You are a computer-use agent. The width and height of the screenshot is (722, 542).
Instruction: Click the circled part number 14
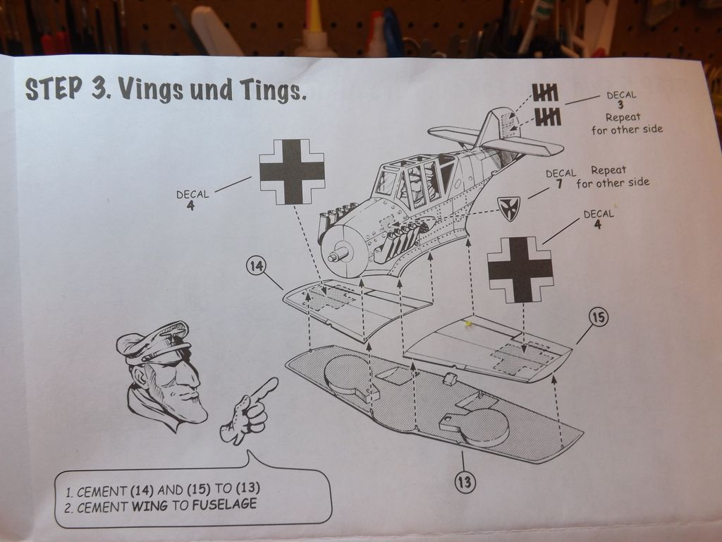click(257, 266)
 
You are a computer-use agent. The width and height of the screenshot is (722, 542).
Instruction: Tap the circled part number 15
click(598, 318)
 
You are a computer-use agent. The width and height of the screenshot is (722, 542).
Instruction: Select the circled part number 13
click(465, 482)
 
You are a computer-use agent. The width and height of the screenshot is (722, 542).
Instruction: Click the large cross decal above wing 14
click(292, 171)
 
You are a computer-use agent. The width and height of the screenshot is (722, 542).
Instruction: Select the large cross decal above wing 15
click(520, 270)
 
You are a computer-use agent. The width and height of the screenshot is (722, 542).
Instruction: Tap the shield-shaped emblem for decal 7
click(509, 208)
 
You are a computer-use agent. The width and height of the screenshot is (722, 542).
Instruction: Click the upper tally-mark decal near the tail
click(545, 92)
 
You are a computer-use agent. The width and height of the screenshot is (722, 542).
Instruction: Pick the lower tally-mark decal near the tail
click(548, 116)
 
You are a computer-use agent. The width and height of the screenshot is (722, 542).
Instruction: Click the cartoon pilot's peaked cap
click(153, 342)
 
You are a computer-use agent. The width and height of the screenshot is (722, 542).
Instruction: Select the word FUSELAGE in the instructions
click(224, 505)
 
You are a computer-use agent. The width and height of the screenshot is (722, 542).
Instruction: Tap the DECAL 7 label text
click(561, 179)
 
